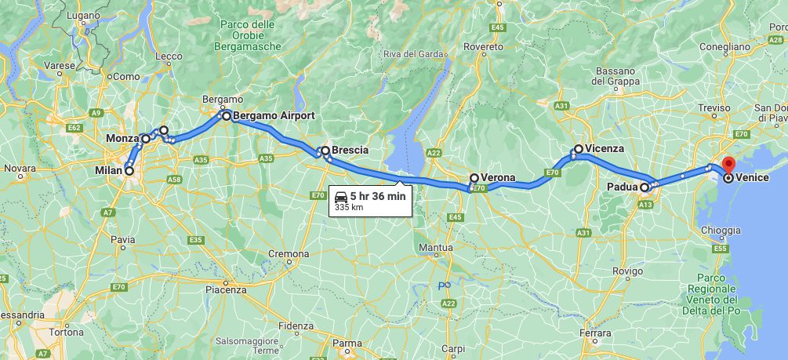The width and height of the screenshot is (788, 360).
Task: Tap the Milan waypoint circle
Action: [129, 170]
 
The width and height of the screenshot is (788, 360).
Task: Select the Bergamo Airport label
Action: [274, 115]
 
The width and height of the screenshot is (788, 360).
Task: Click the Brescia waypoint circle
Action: [325, 151]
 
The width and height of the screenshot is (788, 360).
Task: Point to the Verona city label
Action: [498, 177]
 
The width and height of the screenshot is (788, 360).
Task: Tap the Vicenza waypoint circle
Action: [579, 149]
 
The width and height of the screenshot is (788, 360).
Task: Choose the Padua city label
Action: [623, 187]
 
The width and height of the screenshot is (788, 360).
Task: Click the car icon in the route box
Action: [341, 196]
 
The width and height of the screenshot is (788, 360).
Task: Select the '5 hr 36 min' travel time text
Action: [378, 196]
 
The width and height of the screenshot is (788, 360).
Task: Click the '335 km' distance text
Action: [348, 208]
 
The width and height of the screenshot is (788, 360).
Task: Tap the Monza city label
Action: [122, 139]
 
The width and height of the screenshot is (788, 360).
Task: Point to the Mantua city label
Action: [436, 248]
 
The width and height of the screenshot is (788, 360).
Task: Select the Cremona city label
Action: [289, 253]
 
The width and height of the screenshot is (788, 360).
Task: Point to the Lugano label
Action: [83, 15]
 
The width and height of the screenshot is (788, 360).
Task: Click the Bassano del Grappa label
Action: [619, 76]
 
